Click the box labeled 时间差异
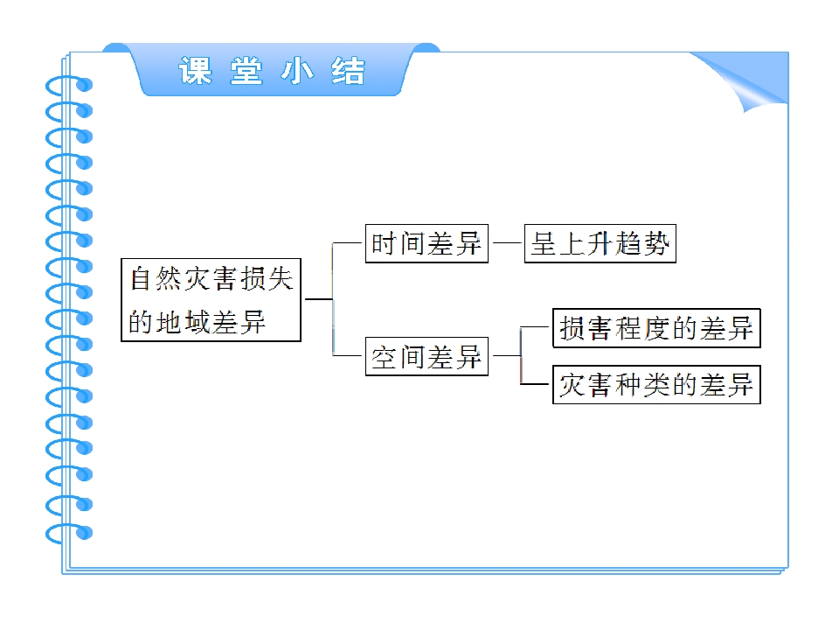426,244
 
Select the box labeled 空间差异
426,356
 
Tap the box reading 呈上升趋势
600,244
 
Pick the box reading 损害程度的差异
656,328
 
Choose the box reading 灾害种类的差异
656,384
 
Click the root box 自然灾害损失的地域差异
211,299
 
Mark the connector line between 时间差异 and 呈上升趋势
505,244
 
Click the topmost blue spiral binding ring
69,85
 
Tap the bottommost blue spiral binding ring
69,531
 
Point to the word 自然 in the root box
156,279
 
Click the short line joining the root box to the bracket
317,299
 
